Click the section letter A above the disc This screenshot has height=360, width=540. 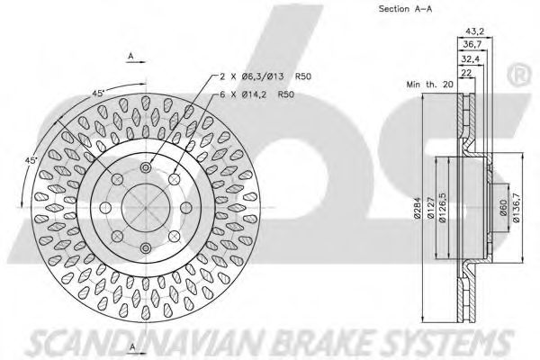click(x=131, y=56)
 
